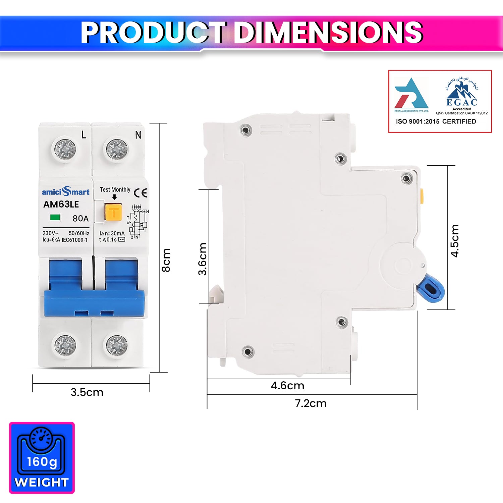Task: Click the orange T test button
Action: (x=113, y=212)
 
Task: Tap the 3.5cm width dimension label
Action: (x=87, y=392)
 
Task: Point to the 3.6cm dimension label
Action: (x=203, y=259)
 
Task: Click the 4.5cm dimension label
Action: (x=454, y=240)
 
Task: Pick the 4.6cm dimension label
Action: (x=287, y=386)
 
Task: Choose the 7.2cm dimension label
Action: (x=311, y=403)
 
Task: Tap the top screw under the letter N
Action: (x=117, y=149)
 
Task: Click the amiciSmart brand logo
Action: (x=66, y=191)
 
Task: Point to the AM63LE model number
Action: (x=61, y=204)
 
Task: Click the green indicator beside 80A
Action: (x=55, y=218)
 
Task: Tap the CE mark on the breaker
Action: (x=141, y=193)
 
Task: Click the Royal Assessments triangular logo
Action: (x=411, y=95)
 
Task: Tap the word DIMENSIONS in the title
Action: (x=328, y=33)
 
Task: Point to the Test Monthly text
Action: (x=115, y=189)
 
